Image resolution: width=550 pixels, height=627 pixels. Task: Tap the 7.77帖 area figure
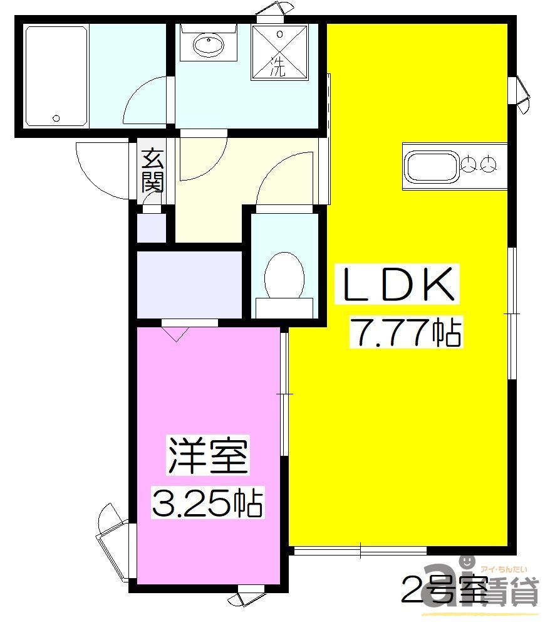(407, 332)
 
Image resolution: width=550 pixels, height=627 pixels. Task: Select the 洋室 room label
(207, 456)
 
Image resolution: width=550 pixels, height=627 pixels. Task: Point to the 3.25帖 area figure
(207, 502)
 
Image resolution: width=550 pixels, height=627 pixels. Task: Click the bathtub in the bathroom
(55, 76)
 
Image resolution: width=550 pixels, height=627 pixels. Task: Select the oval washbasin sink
(209, 45)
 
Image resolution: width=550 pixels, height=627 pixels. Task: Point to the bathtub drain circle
(56, 117)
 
